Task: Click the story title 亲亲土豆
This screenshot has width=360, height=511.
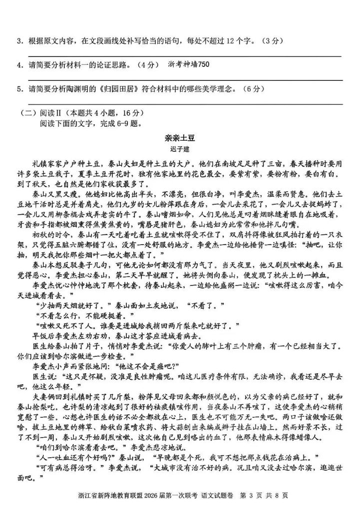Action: [180, 136]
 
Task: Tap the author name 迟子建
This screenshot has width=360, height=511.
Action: [180, 148]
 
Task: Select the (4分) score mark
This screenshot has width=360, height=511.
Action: [148, 65]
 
